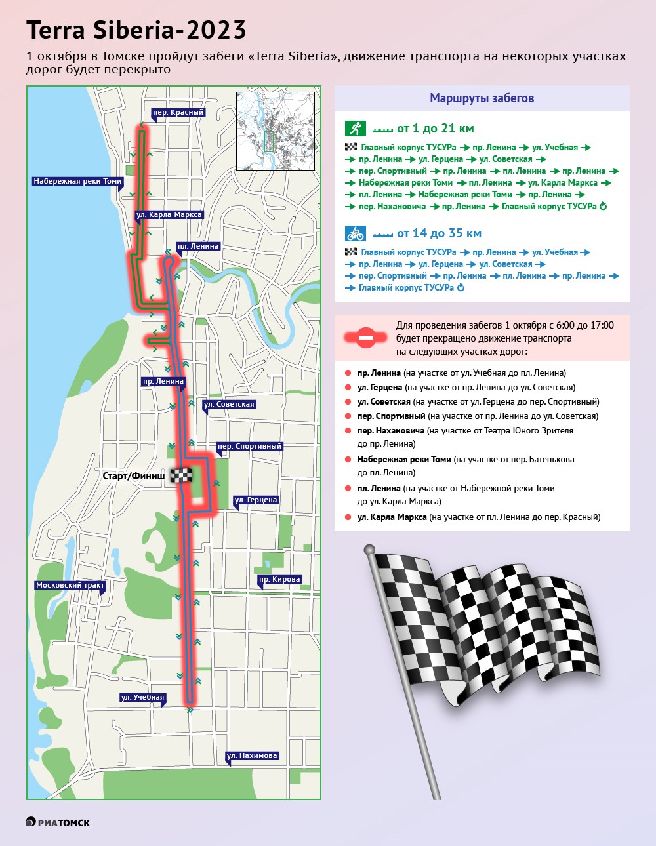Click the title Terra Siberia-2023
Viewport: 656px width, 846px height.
[x=136, y=30]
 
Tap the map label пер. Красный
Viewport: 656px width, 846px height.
[x=178, y=113]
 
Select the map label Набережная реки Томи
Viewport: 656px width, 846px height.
[x=77, y=181]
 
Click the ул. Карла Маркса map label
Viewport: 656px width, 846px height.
[x=169, y=214]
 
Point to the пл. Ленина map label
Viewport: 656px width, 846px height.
[x=197, y=246]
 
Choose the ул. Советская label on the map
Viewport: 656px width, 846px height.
[x=229, y=404]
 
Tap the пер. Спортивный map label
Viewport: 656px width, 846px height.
[x=249, y=446]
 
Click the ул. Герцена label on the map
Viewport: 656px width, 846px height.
[x=256, y=500]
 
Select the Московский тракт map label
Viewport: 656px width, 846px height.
[x=70, y=585]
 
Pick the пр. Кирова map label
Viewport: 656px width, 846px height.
[x=279, y=579]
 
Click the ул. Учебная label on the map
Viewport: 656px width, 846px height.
[x=142, y=697]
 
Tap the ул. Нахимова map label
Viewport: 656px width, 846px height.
[x=252, y=755]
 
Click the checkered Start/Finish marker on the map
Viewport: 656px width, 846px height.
[x=181, y=475]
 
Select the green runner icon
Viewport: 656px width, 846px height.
[x=355, y=129]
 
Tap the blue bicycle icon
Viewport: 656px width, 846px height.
[x=355, y=233]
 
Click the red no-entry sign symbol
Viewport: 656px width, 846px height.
[x=365, y=337]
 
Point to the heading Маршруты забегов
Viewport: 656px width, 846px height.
[x=482, y=98]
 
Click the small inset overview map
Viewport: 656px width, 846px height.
[x=276, y=131]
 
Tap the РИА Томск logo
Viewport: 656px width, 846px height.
[x=58, y=822]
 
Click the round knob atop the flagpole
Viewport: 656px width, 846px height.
[x=369, y=550]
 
